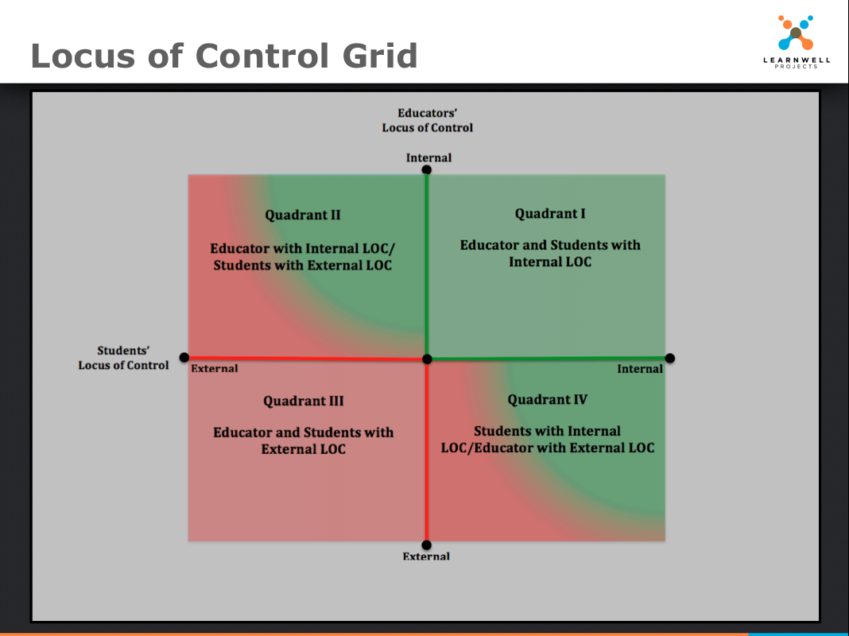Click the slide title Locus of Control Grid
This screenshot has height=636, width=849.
coord(224,56)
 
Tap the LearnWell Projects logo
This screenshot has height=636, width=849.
coord(796,41)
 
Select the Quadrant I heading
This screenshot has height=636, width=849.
coord(550,214)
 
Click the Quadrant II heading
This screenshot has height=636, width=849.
coord(303,215)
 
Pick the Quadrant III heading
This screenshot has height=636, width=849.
coord(303,401)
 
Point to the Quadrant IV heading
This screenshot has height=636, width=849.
coord(548,400)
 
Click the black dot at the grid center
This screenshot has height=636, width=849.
coord(427,359)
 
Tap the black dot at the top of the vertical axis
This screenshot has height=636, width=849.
coord(427,169)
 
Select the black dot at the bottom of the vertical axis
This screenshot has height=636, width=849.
coord(427,545)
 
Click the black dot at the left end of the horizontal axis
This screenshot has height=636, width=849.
coord(184,357)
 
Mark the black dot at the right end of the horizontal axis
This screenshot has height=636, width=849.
coord(670,358)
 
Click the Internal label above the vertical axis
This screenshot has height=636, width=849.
coord(428,157)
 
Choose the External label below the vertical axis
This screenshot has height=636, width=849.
coord(426,556)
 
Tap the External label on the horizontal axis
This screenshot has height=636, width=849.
coord(215,369)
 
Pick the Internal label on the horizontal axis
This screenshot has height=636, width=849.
coord(640,369)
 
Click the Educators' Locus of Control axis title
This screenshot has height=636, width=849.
coord(427,121)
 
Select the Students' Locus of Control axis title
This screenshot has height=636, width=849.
coord(123,358)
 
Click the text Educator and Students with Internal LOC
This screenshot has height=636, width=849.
coord(550,254)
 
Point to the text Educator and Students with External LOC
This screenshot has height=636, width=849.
coord(303,440)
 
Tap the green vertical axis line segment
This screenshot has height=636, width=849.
coord(427,264)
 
